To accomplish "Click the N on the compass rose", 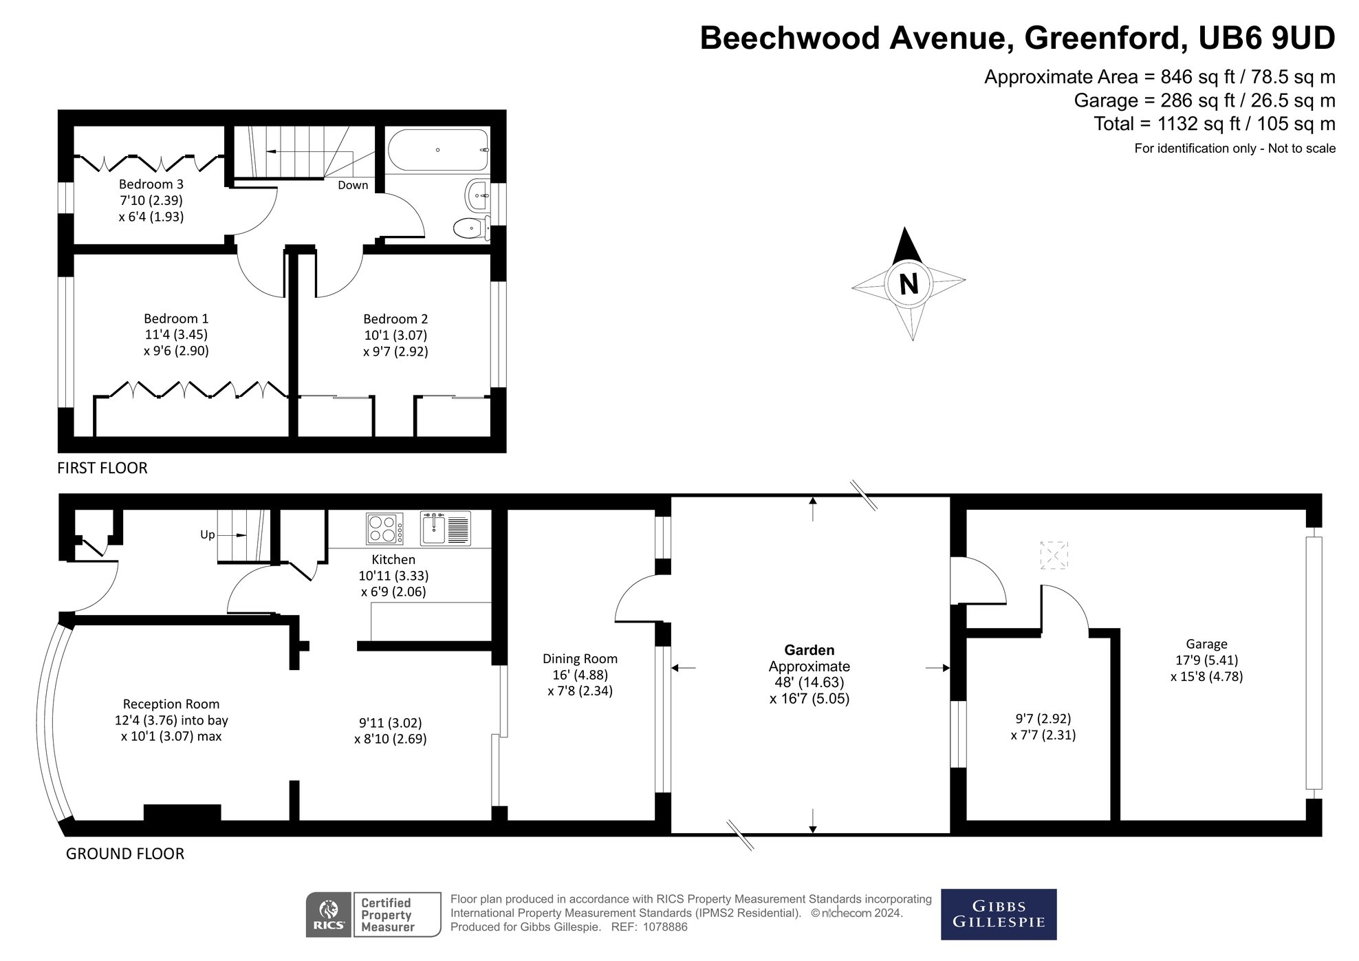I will pyautogui.click(x=909, y=283).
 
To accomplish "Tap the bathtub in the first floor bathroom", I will pyautogui.click(x=438, y=150).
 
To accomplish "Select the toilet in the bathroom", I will pyautogui.click(x=471, y=226).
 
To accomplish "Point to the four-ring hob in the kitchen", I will pyautogui.click(x=385, y=528).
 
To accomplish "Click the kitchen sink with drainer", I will pyautogui.click(x=446, y=528).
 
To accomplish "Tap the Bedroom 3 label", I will pyautogui.click(x=151, y=184).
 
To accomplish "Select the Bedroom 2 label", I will pyautogui.click(x=395, y=318).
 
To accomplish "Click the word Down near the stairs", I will pyautogui.click(x=353, y=185).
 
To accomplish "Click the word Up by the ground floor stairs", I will pyautogui.click(x=208, y=535).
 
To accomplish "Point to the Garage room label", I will pyautogui.click(x=1206, y=644).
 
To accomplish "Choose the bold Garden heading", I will pyautogui.click(x=809, y=650).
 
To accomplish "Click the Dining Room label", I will pyautogui.click(x=580, y=659).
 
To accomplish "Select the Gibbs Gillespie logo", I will pyautogui.click(x=998, y=914).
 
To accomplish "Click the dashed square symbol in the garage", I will pyautogui.click(x=1054, y=555).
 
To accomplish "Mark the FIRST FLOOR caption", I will pyautogui.click(x=102, y=468).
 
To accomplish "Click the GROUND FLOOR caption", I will pyautogui.click(x=125, y=854).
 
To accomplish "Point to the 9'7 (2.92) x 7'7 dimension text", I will pyautogui.click(x=1043, y=726).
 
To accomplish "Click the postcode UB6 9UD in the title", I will pyautogui.click(x=1266, y=39).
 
